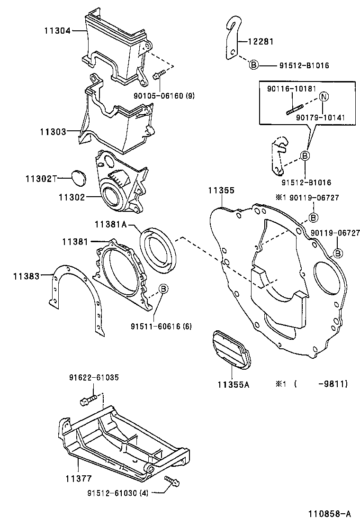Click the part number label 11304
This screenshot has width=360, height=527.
point(57,31)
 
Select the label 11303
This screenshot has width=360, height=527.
point(53,131)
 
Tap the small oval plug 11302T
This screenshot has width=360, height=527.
point(79,178)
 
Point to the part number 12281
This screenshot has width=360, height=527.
point(261,41)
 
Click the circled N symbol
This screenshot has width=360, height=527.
point(324,97)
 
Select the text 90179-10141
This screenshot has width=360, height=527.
point(320,118)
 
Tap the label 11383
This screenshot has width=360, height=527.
point(27,276)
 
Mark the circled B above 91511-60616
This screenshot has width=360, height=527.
point(163,289)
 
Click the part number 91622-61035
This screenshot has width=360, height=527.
point(94,377)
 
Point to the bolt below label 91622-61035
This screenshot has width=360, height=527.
point(89,400)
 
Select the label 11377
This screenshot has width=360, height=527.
point(79,478)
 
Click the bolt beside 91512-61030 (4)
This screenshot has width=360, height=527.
point(172,482)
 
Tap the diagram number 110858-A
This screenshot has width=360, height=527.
point(330,514)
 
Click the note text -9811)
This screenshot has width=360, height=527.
point(333,383)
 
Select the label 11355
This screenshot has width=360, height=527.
point(221,190)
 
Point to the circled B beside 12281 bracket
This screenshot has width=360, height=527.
point(254,64)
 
